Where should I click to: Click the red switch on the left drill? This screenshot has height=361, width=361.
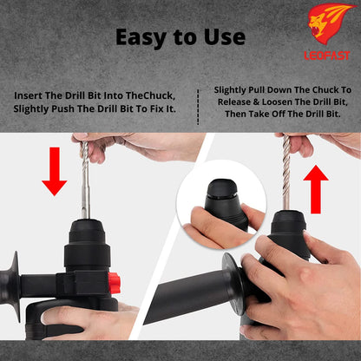114,281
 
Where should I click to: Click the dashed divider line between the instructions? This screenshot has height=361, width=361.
198,103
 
